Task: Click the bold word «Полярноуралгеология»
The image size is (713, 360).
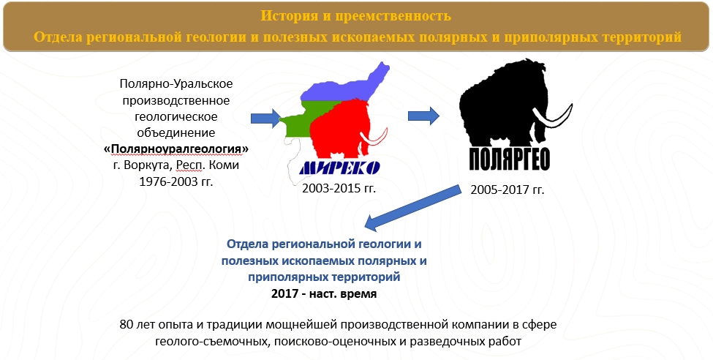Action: (176, 149)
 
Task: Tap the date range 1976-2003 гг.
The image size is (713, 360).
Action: (176, 182)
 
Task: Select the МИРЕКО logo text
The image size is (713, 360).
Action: (339, 168)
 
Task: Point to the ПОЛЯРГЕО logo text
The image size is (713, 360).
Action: (509, 160)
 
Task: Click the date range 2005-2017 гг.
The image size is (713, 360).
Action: (507, 190)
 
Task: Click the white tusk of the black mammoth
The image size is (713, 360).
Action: (554, 119)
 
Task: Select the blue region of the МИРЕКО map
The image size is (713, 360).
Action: (346, 86)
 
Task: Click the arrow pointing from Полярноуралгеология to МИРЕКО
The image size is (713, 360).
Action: (265, 119)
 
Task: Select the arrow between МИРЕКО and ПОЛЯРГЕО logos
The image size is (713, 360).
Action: (423, 116)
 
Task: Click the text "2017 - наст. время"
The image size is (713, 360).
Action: (324, 293)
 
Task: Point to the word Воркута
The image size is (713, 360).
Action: (148, 165)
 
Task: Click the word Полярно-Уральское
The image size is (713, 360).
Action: (176, 84)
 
